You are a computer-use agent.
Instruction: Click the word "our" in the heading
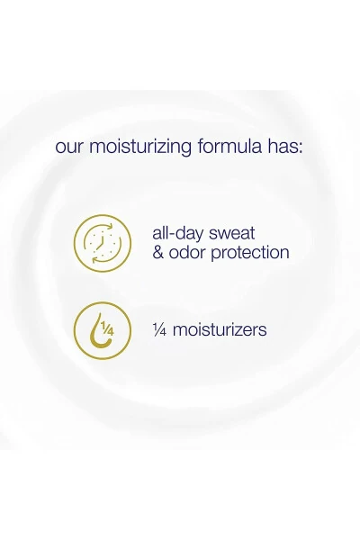[x=69, y=146]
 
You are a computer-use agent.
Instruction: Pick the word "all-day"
[x=179, y=232]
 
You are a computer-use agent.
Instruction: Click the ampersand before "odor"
[x=158, y=253]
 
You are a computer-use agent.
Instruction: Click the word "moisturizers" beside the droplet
[x=219, y=329]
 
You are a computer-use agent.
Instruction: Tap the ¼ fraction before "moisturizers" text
[x=160, y=329]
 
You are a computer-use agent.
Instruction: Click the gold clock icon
[x=102, y=242]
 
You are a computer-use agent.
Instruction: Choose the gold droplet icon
[x=102, y=330]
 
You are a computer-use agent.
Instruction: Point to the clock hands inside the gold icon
[x=103, y=241]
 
